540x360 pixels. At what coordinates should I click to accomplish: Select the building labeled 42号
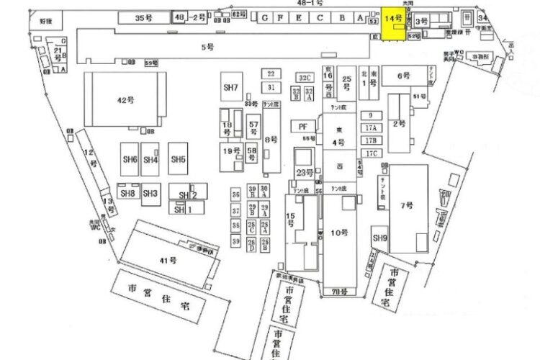click(125, 101)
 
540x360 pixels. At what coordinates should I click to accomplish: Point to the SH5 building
click(178, 159)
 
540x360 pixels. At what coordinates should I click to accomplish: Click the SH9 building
click(379, 238)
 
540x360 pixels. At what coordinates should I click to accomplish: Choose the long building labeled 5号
click(207, 47)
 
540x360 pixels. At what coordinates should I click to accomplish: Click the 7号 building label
click(406, 205)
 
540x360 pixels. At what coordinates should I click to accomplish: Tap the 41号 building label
click(168, 260)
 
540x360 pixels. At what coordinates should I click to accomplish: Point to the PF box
click(303, 126)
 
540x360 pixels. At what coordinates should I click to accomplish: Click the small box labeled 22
click(271, 74)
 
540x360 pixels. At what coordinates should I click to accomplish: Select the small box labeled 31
click(271, 87)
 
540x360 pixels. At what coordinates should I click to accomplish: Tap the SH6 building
click(130, 159)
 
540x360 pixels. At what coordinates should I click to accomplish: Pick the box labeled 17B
click(371, 140)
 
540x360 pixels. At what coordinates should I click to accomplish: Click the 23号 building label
click(304, 173)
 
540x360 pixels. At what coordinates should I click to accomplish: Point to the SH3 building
click(150, 193)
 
